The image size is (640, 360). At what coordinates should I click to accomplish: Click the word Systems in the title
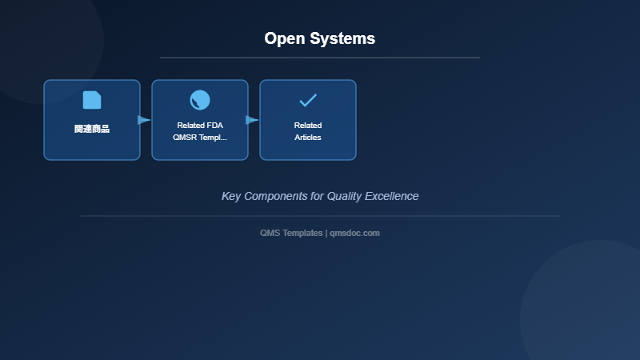(344, 38)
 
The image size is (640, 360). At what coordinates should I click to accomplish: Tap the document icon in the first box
(92, 100)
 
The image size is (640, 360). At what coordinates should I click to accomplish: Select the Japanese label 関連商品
(92, 129)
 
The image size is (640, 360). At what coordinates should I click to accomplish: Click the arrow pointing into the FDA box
(144, 120)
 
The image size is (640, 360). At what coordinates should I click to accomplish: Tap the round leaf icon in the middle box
(200, 100)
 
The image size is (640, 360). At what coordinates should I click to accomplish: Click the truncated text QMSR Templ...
(200, 138)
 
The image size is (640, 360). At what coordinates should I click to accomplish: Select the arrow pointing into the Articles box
(252, 120)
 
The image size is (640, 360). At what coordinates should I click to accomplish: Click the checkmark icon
(308, 100)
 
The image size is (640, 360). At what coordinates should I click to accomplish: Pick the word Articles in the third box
(308, 138)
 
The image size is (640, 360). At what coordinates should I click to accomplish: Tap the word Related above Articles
(308, 126)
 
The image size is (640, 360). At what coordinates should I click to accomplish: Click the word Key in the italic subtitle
(231, 196)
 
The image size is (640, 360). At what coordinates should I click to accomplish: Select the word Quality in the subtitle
(344, 196)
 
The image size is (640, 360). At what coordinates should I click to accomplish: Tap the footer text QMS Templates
(291, 233)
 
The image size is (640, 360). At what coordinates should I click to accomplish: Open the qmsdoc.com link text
(354, 233)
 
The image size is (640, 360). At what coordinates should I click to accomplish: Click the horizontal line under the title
(320, 58)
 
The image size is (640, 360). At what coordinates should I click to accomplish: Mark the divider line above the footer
(320, 216)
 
